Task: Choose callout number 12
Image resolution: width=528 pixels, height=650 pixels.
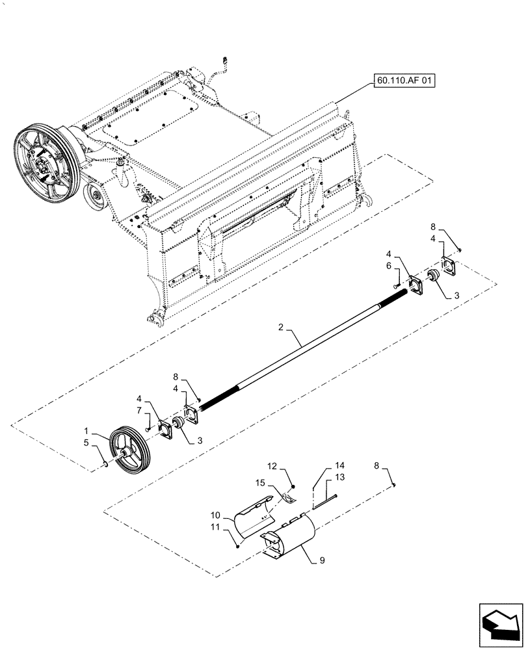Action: coord(274,467)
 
